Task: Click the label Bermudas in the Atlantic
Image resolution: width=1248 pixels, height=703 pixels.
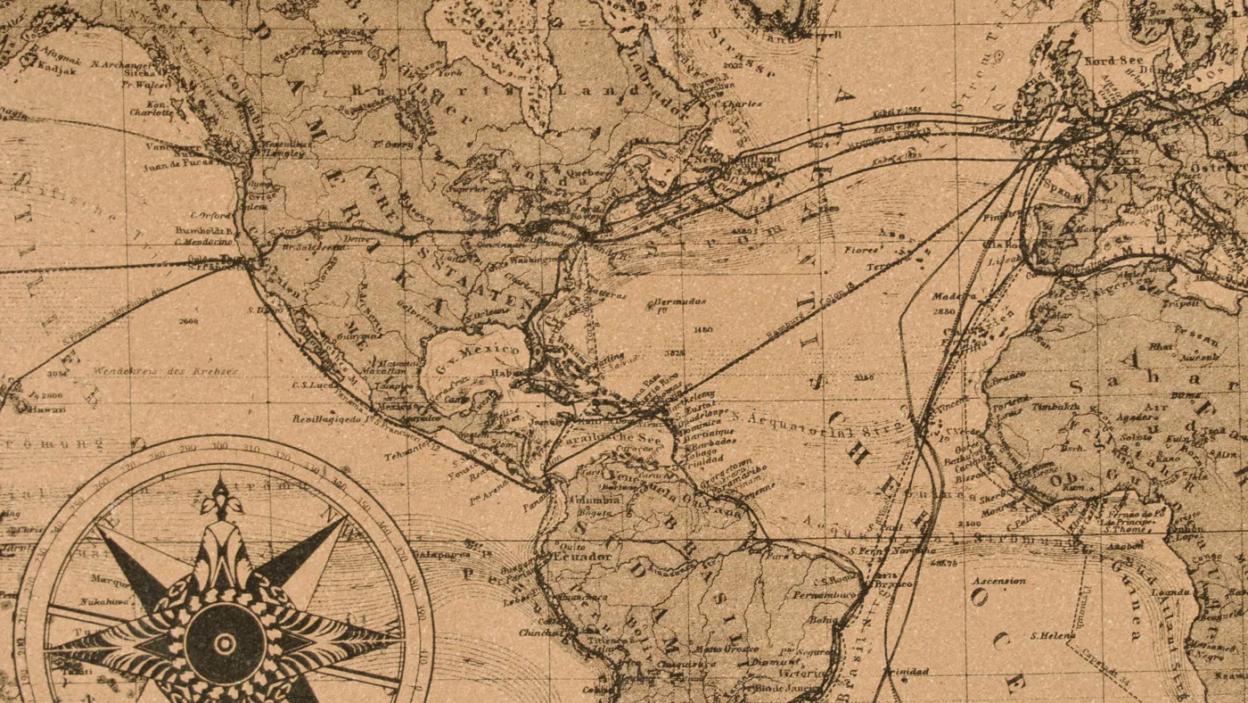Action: (682, 302)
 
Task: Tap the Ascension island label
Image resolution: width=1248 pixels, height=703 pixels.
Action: (998, 581)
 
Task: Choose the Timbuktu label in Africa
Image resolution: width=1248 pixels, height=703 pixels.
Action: (1058, 407)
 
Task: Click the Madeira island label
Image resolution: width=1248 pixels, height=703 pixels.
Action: (955, 295)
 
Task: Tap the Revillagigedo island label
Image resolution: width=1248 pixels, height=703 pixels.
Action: (327, 418)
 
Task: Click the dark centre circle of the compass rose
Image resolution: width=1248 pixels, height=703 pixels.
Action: (225, 642)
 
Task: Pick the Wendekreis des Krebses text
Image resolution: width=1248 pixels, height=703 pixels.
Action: (165, 370)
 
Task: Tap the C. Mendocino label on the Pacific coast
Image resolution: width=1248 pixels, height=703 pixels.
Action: (203, 242)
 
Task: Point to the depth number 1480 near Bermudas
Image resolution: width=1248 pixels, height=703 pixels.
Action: (702, 330)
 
